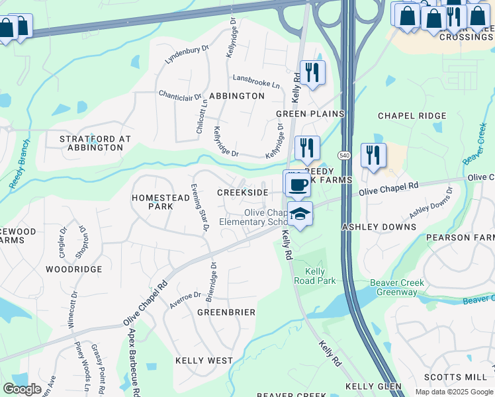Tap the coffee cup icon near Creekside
(297, 183)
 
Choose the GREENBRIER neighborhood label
(226, 312)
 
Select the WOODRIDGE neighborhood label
(74, 269)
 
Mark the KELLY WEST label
(204, 361)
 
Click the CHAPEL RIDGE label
(412, 116)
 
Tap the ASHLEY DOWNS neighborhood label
(379, 227)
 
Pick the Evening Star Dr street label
(200, 206)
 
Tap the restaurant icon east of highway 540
(373, 155)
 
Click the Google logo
(22, 389)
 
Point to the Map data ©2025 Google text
(453, 392)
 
